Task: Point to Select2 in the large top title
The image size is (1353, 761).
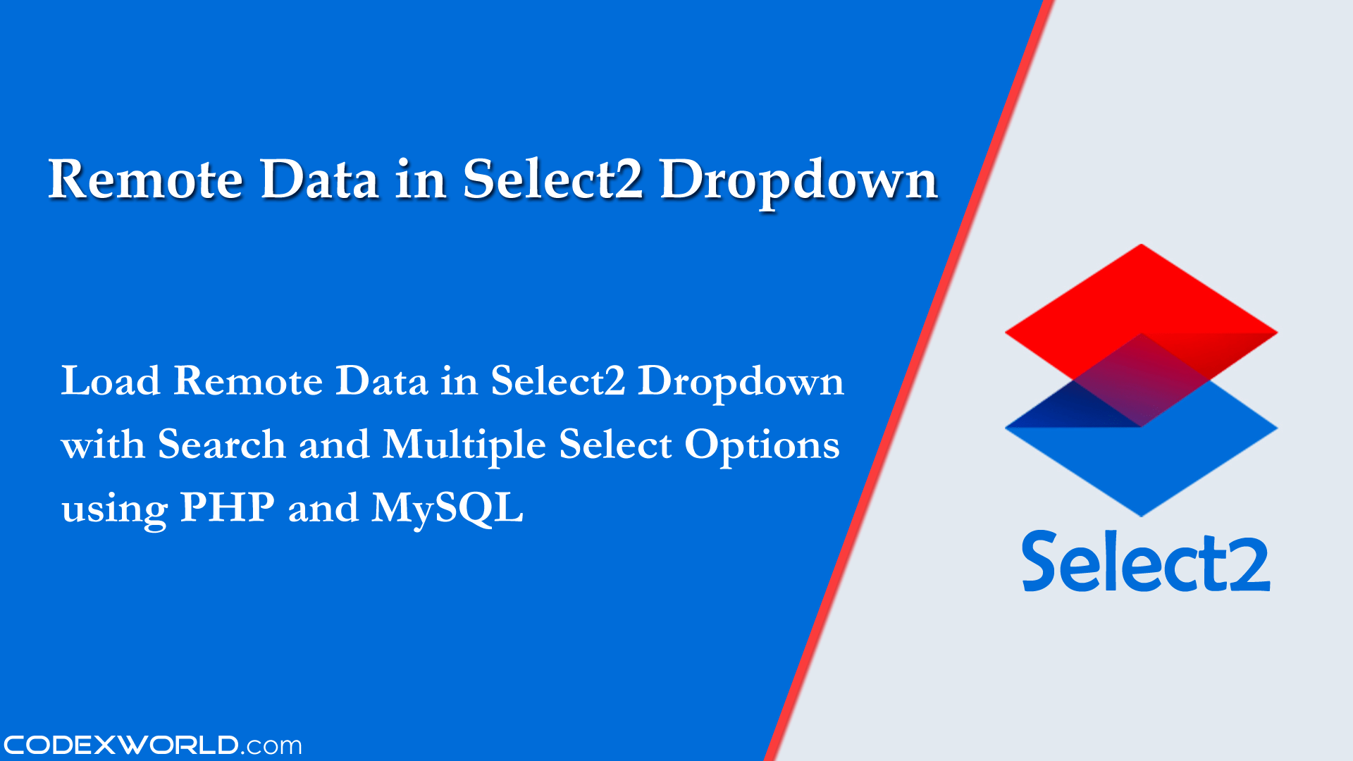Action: click(552, 180)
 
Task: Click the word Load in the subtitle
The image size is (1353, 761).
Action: click(111, 381)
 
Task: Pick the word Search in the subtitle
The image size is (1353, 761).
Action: click(221, 445)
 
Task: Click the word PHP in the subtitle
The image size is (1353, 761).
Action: click(227, 507)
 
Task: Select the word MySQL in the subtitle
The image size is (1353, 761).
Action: click(447, 509)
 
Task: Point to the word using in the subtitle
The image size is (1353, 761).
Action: click(114, 510)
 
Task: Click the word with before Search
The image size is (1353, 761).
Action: click(103, 445)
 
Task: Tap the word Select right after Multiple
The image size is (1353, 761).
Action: click(615, 445)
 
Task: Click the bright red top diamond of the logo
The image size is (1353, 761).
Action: click(1141, 296)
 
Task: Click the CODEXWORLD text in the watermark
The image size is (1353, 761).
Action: click(121, 745)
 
